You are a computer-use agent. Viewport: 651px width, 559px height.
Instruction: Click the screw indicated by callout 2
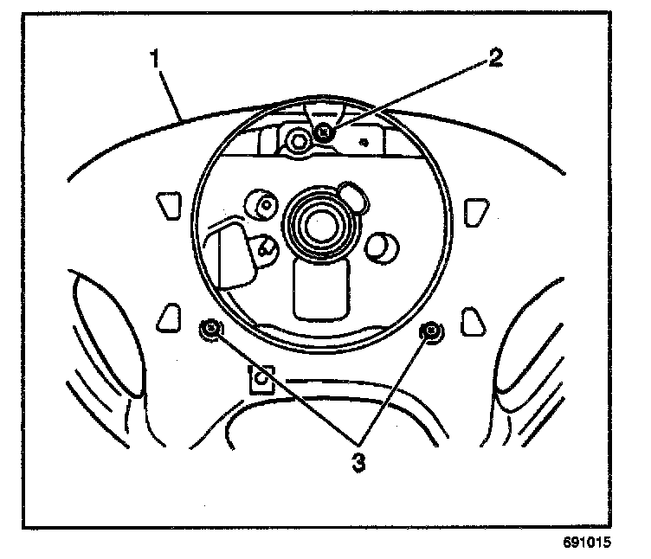tap(324, 132)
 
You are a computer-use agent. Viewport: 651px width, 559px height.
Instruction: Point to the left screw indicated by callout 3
tap(211, 329)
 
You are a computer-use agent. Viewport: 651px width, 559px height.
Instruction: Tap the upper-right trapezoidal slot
tap(474, 210)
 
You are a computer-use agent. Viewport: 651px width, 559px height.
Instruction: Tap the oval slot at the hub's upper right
tap(352, 195)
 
